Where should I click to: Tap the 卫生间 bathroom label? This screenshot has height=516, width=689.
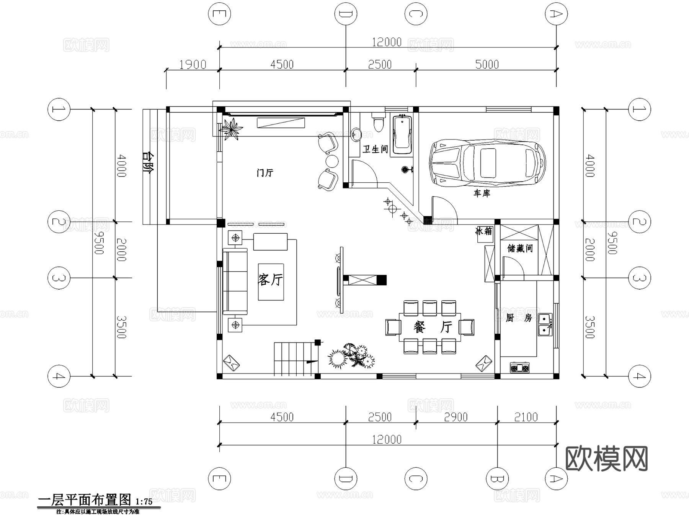tap(375, 149)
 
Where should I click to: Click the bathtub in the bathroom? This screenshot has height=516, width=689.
tap(402, 134)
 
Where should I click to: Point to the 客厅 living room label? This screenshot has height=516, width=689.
tap(270, 280)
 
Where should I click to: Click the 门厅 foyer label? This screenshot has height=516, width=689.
tap(265, 173)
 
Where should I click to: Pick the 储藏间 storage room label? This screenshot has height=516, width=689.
tap(520, 248)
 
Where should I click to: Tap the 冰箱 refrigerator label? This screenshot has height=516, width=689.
tap(484, 231)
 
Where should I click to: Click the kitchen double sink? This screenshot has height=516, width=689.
tap(545, 324)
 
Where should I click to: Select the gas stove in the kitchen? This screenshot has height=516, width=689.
tap(519, 368)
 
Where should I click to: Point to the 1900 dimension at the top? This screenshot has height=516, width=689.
tap(193, 64)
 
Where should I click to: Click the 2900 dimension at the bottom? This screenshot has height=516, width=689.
tap(456, 417)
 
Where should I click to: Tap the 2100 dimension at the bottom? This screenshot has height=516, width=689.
tap(526, 417)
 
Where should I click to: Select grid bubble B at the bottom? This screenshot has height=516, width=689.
tap(497, 478)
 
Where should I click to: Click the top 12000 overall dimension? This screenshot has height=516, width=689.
tap(387, 42)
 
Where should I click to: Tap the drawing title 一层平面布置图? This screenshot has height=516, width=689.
tap(85, 500)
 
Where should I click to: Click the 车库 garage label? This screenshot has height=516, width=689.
tap(482, 193)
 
